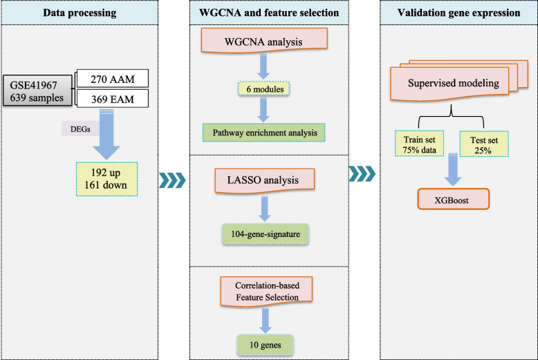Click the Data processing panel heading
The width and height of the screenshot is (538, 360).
click(79, 12)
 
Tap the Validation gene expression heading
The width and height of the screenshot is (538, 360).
click(458, 12)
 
